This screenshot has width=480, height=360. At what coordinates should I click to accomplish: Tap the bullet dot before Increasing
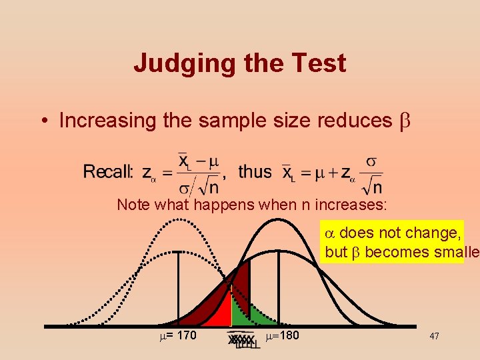tap(42, 121)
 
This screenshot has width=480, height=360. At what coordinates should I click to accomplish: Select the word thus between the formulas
tap(255, 172)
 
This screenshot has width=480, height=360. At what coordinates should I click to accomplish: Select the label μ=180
tap(283, 335)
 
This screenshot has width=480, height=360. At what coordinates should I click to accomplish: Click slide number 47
tap(434, 337)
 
